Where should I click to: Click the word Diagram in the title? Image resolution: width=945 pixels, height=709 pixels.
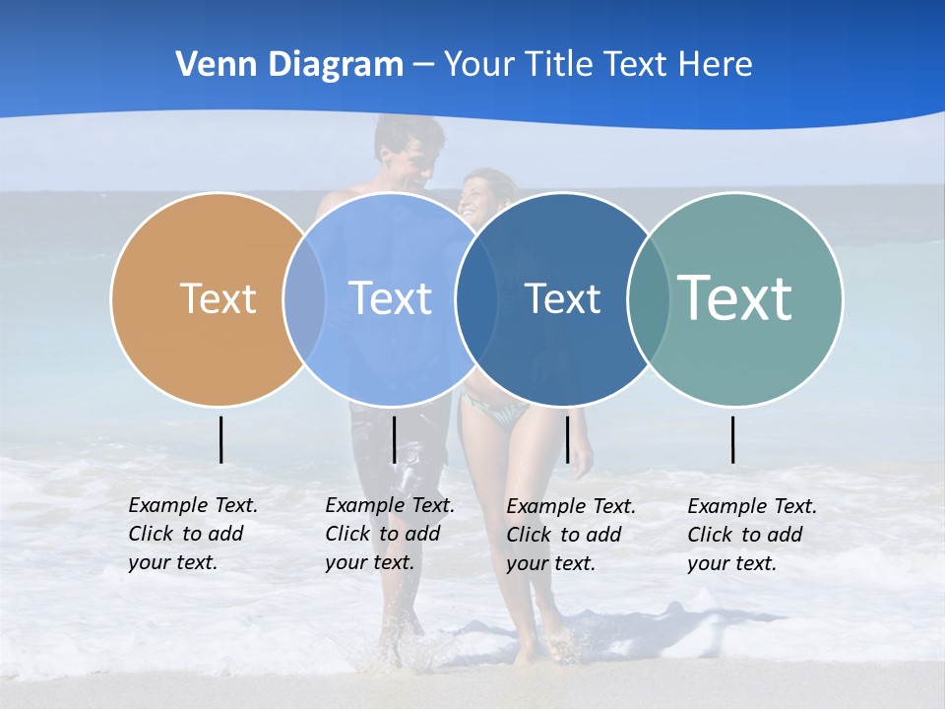(x=335, y=65)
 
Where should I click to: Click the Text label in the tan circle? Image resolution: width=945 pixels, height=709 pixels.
(x=218, y=298)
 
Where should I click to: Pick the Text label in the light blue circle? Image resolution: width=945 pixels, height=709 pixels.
(x=391, y=298)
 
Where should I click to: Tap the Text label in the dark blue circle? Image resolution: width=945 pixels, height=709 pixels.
(x=562, y=298)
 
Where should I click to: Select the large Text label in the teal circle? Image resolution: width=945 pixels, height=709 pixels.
(x=734, y=298)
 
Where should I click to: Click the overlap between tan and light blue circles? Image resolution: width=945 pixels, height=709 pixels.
(x=304, y=298)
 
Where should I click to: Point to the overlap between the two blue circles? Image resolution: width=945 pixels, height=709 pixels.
(x=476, y=298)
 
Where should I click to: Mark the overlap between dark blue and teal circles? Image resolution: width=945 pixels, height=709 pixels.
(x=649, y=298)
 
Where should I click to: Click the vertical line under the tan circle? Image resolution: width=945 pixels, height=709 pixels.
(x=220, y=439)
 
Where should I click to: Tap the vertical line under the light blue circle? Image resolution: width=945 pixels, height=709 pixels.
(x=394, y=439)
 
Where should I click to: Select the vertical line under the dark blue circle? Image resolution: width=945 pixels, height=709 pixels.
(x=567, y=439)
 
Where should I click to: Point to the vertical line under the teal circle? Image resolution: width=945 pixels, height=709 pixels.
(x=733, y=439)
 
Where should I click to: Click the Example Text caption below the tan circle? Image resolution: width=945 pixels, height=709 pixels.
(x=192, y=534)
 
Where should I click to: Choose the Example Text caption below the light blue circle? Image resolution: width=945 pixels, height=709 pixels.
(x=389, y=534)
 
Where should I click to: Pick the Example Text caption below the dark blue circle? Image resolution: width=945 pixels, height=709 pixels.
(x=570, y=535)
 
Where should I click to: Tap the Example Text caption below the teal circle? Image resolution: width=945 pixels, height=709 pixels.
(x=751, y=535)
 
